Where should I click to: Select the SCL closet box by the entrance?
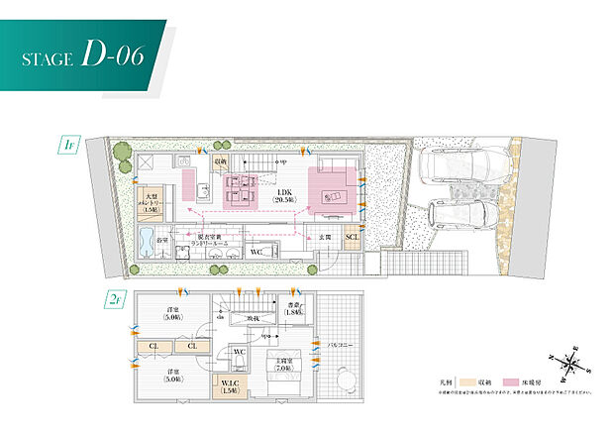[x=352, y=238]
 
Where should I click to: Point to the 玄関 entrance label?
[x=325, y=238]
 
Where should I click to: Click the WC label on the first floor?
[x=256, y=252]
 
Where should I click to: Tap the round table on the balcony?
[x=342, y=380]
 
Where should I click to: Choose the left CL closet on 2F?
[x=153, y=345]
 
